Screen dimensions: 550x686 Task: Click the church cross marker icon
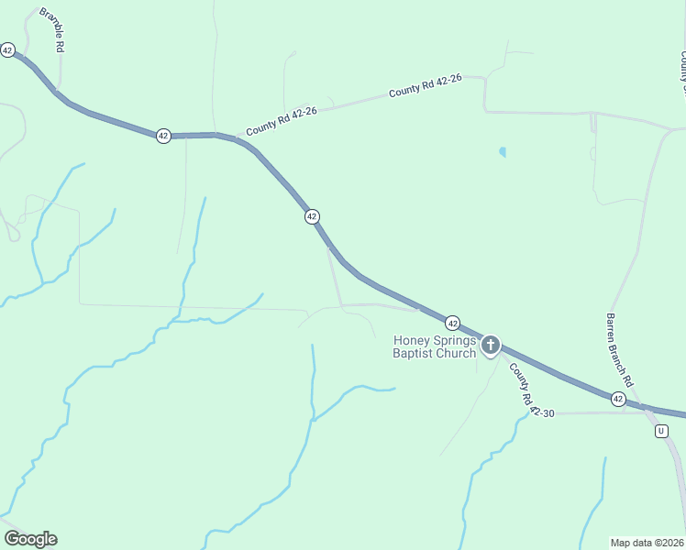[491, 346]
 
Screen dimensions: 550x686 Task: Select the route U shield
[661, 431]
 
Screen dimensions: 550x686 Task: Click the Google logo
[30, 539]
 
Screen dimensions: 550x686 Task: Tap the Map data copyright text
[647, 543]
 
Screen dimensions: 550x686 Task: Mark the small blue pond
[502, 151]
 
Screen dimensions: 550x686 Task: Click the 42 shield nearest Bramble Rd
[7, 50]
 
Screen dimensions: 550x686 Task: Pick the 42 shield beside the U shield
[618, 399]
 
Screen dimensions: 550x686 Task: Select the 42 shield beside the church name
[452, 323]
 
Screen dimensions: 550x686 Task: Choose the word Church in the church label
[457, 353]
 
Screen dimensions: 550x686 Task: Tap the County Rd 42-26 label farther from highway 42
[424, 88]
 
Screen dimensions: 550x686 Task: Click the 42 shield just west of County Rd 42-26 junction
[163, 136]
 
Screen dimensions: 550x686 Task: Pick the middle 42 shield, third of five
[312, 216]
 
